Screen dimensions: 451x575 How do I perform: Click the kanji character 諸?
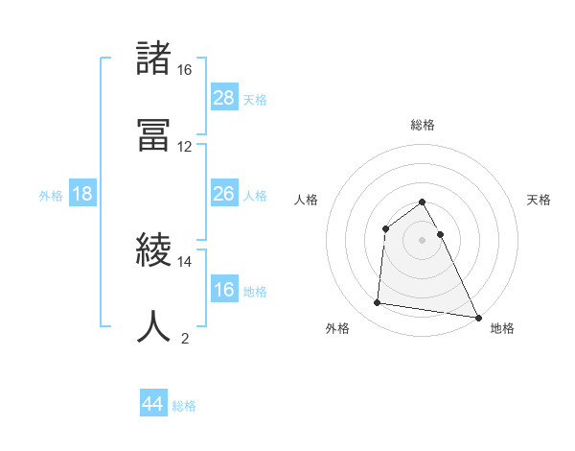(155, 59)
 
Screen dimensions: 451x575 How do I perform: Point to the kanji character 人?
(155, 326)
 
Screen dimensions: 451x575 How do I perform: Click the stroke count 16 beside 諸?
(185, 70)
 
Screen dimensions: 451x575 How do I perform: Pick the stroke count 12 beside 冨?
(185, 146)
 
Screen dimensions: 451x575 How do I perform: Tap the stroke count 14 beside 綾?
(185, 261)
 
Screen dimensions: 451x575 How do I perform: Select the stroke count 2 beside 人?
(185, 338)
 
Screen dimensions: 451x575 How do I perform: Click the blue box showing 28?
(224, 98)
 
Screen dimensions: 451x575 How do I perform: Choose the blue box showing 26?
(224, 194)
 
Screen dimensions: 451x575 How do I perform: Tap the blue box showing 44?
(153, 404)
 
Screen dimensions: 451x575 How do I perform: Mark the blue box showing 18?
(82, 194)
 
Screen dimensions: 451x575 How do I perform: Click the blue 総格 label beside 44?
(184, 406)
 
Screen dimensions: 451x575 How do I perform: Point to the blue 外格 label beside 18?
(51, 196)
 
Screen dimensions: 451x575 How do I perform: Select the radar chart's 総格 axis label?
(423, 125)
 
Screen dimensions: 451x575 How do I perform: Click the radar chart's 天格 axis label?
(540, 200)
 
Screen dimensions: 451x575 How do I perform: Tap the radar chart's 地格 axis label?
(502, 329)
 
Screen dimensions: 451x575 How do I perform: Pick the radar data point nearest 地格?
(478, 317)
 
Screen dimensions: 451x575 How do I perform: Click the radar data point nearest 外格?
(378, 303)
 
